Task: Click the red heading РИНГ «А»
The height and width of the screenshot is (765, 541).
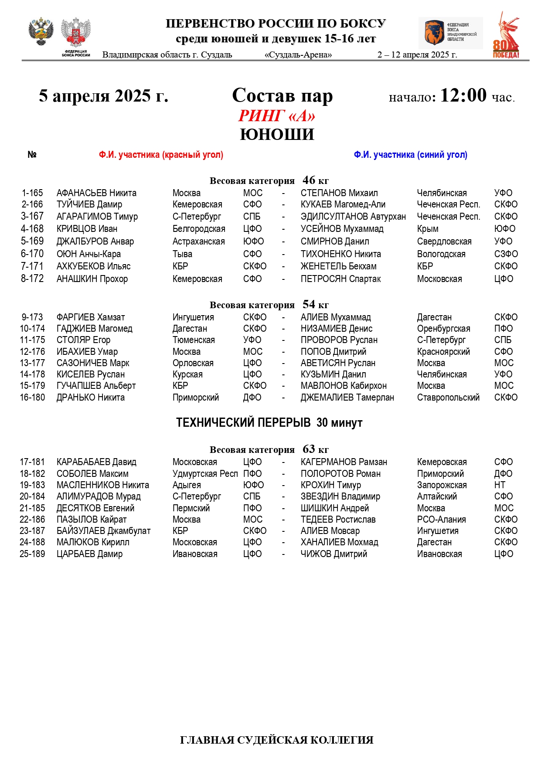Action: (276, 116)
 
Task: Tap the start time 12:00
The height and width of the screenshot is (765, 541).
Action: (463, 95)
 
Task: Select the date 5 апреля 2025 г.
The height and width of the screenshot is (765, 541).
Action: (103, 96)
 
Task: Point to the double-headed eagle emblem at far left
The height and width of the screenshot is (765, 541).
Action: (41, 31)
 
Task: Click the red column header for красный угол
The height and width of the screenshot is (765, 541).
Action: (161, 155)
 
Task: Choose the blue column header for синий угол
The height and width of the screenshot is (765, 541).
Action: (410, 155)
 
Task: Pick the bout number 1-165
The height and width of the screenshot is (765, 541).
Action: (32, 193)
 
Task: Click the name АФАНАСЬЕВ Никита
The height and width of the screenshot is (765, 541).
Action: (96, 193)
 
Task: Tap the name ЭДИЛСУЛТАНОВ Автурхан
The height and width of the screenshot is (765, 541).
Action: (353, 217)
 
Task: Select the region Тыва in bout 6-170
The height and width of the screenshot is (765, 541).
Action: (182, 254)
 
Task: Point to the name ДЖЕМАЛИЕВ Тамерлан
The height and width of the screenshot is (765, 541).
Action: (347, 398)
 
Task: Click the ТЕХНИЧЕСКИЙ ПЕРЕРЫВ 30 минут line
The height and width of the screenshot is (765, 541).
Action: (269, 422)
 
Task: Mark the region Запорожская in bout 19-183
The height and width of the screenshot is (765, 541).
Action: (442, 485)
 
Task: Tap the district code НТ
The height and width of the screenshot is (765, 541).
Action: (500, 485)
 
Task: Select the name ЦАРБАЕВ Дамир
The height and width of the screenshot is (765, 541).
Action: (89, 554)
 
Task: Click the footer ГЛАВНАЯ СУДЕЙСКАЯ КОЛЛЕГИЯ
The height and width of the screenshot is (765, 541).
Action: (276, 740)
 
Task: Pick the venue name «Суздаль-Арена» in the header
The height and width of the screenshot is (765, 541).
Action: (298, 55)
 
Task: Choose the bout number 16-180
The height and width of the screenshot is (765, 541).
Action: (32, 398)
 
